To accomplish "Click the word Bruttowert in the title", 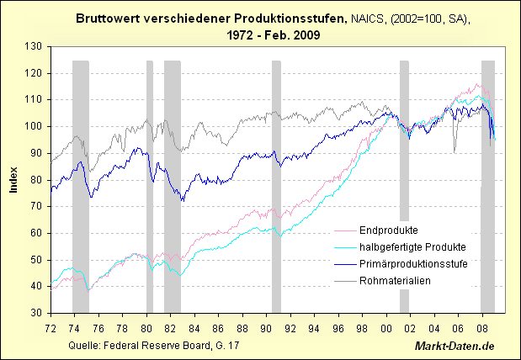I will click(x=108, y=18).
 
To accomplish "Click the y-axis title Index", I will click(x=13, y=179).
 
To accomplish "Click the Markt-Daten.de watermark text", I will click(x=455, y=347).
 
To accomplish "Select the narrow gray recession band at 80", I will click(x=150, y=185).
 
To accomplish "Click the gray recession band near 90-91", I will click(x=276, y=185).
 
